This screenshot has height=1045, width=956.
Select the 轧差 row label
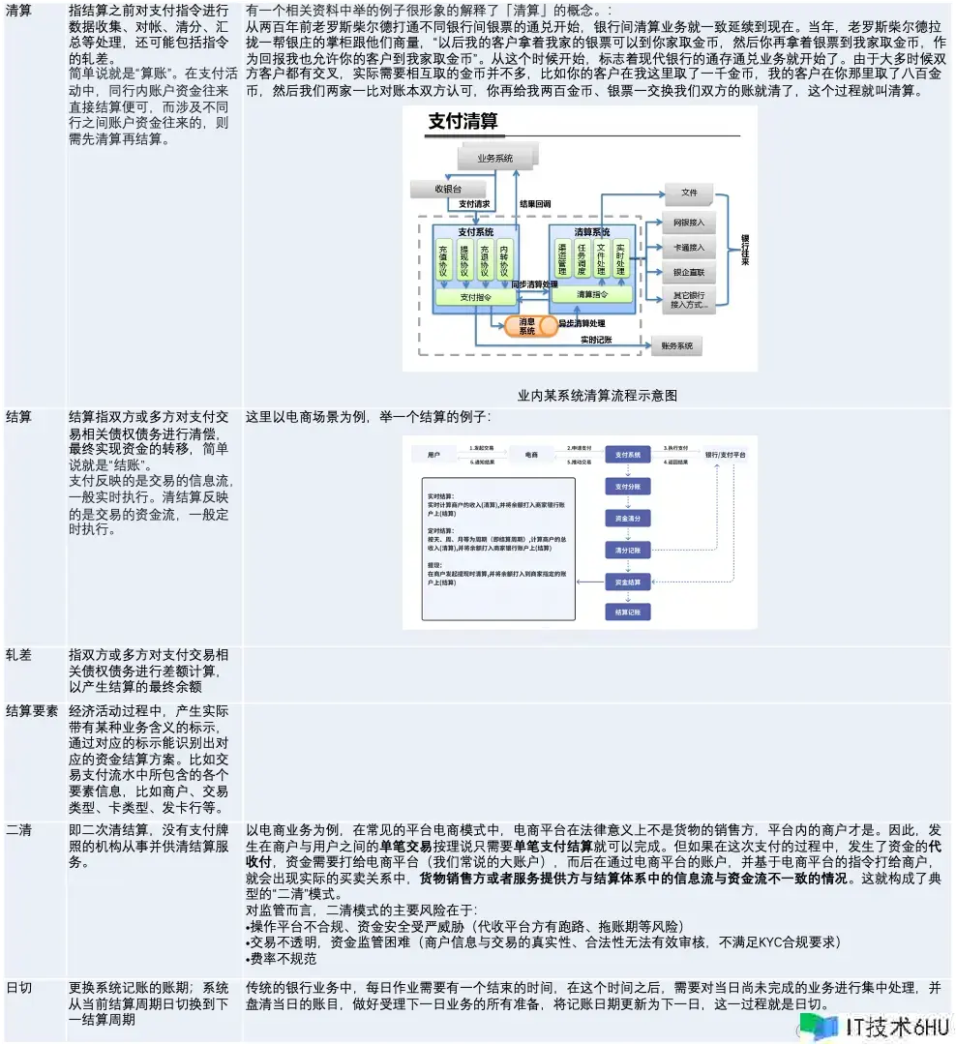click(19, 655)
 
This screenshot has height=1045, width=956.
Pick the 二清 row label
click(19, 830)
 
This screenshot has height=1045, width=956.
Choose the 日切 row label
click(19, 987)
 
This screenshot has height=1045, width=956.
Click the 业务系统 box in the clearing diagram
click(494, 158)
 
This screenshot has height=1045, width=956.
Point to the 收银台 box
click(448, 190)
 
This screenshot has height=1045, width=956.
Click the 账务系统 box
click(676, 345)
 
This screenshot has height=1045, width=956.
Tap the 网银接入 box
click(688, 223)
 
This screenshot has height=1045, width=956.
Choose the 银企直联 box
click(688, 273)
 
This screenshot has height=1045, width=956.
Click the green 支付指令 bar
click(475, 297)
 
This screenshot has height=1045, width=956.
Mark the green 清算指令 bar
click(592, 294)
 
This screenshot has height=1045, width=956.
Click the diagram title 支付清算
click(463, 123)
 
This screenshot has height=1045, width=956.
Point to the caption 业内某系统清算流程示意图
click(597, 395)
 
